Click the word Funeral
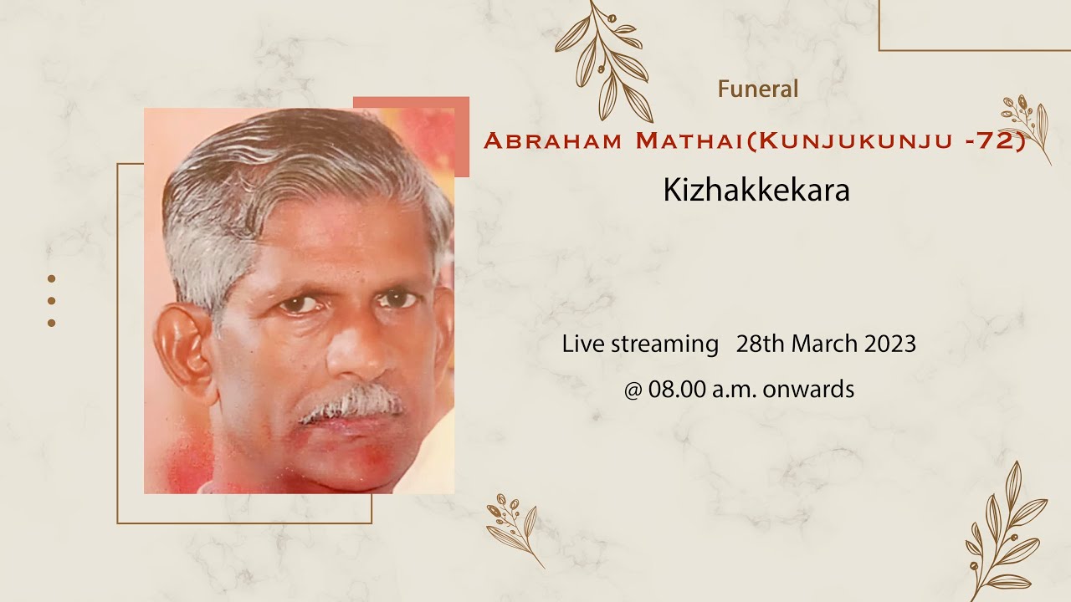pyautogui.click(x=757, y=89)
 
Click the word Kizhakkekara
pyautogui.click(x=756, y=191)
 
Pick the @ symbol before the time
pyautogui.click(x=632, y=390)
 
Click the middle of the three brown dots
pyautogui.click(x=51, y=300)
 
